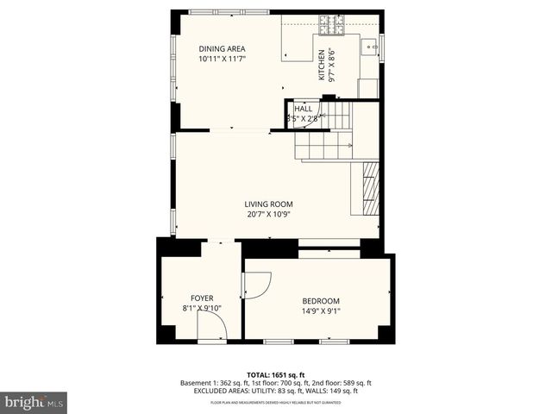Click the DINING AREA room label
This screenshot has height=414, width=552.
tap(222, 48)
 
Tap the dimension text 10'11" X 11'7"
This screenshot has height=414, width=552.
tap(222, 60)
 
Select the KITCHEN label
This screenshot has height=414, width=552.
tap(322, 65)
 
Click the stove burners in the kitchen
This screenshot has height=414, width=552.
tap(331, 23)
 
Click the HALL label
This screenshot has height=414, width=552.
tap(303, 109)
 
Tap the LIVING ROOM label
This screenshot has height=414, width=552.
tap(269, 204)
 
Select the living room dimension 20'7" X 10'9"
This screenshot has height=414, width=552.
tap(269, 215)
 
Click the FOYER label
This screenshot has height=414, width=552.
tap(202, 298)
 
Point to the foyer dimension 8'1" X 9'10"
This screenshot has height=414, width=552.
tap(202, 309)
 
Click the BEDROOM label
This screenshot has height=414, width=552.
tap(320, 300)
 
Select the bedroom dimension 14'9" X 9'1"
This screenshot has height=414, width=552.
tap(320, 311)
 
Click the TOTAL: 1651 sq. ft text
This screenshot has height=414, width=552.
tap(275, 374)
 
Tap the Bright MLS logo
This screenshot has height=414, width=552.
tap(34, 402)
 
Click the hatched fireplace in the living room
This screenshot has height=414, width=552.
tap(369, 188)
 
